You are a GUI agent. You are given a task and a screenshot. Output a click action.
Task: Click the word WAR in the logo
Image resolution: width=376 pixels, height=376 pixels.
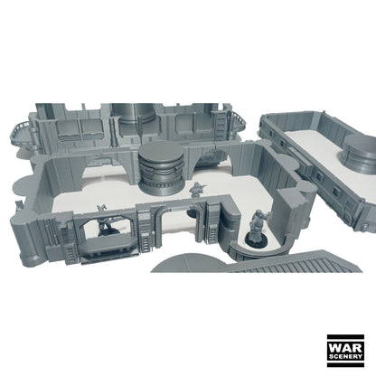(345, 348)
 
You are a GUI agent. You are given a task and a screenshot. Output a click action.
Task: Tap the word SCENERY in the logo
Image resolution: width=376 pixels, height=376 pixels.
(345, 356)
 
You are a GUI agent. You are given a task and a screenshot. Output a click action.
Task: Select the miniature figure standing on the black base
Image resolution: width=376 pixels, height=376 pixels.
(258, 225)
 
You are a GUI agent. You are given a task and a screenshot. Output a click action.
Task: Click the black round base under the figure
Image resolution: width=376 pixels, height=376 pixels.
(256, 239)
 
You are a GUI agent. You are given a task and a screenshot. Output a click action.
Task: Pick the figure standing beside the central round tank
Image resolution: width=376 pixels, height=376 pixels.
(196, 190)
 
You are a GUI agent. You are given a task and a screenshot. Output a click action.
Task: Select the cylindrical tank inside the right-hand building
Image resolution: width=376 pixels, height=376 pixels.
(359, 155)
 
